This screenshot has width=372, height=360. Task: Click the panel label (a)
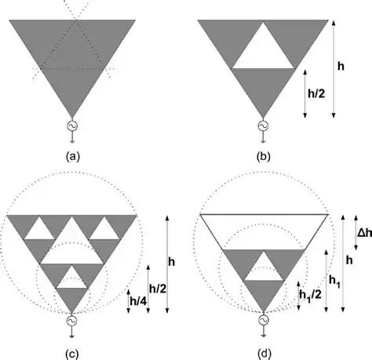click(x=72, y=157)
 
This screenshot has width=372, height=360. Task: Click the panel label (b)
click(x=264, y=157)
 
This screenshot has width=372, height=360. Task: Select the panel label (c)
click(x=72, y=354)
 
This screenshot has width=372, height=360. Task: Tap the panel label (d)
click(x=264, y=354)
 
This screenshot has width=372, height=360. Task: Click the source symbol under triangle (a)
click(x=72, y=126)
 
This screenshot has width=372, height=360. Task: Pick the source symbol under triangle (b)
click(x=263, y=126)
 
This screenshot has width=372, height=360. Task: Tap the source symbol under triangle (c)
click(x=71, y=321)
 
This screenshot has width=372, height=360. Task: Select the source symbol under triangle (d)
click(x=264, y=320)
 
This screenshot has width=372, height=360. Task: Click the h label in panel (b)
click(x=341, y=67)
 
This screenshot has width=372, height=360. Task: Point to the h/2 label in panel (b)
click(x=316, y=93)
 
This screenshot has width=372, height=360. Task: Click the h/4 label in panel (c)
click(x=139, y=301)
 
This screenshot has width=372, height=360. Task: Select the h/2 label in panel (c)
click(x=158, y=289)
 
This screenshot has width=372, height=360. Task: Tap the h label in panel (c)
click(x=172, y=262)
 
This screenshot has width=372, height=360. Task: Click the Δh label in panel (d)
click(x=365, y=232)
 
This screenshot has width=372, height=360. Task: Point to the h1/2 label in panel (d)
click(x=311, y=295)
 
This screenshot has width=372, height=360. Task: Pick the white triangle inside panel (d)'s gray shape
click(x=264, y=270)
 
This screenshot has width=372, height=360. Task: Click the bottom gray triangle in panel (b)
click(x=263, y=86)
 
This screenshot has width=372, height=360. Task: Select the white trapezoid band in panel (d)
click(x=264, y=232)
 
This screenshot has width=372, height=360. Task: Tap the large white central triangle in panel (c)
click(x=71, y=249)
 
